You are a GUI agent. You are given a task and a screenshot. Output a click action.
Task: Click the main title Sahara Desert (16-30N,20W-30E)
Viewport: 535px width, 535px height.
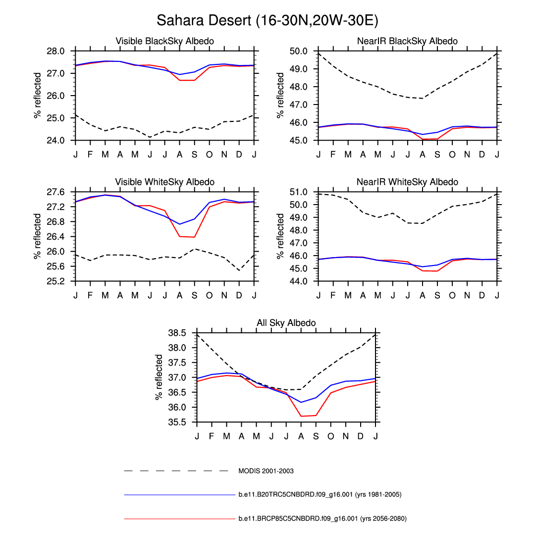267,21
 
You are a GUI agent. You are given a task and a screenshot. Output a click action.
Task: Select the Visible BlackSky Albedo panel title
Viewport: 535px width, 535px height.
164,41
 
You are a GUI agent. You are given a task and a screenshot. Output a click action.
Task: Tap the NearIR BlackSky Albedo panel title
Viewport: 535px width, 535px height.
407,41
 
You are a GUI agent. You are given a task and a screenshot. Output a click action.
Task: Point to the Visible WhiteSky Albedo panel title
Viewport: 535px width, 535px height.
164,182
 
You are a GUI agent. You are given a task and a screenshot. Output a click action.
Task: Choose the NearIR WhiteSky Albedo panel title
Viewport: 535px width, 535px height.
407,182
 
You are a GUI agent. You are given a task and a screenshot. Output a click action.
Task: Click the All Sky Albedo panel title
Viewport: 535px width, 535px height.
286,323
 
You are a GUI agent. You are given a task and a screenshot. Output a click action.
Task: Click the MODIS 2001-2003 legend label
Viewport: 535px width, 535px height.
266,471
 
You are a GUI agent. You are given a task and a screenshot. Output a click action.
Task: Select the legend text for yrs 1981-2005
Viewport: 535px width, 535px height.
320,494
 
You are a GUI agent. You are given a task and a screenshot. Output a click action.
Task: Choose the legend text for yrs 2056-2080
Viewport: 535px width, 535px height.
322,519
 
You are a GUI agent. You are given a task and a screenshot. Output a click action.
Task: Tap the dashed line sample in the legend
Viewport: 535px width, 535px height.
176,471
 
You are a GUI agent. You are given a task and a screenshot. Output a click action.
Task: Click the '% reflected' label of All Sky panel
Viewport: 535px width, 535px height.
159,377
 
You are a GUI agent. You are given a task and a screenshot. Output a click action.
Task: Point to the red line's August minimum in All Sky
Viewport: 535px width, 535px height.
301,416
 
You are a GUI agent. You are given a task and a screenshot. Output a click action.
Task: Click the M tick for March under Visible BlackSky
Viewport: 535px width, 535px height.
105,155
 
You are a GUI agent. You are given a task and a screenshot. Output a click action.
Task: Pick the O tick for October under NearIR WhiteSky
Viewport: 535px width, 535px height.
452,296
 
